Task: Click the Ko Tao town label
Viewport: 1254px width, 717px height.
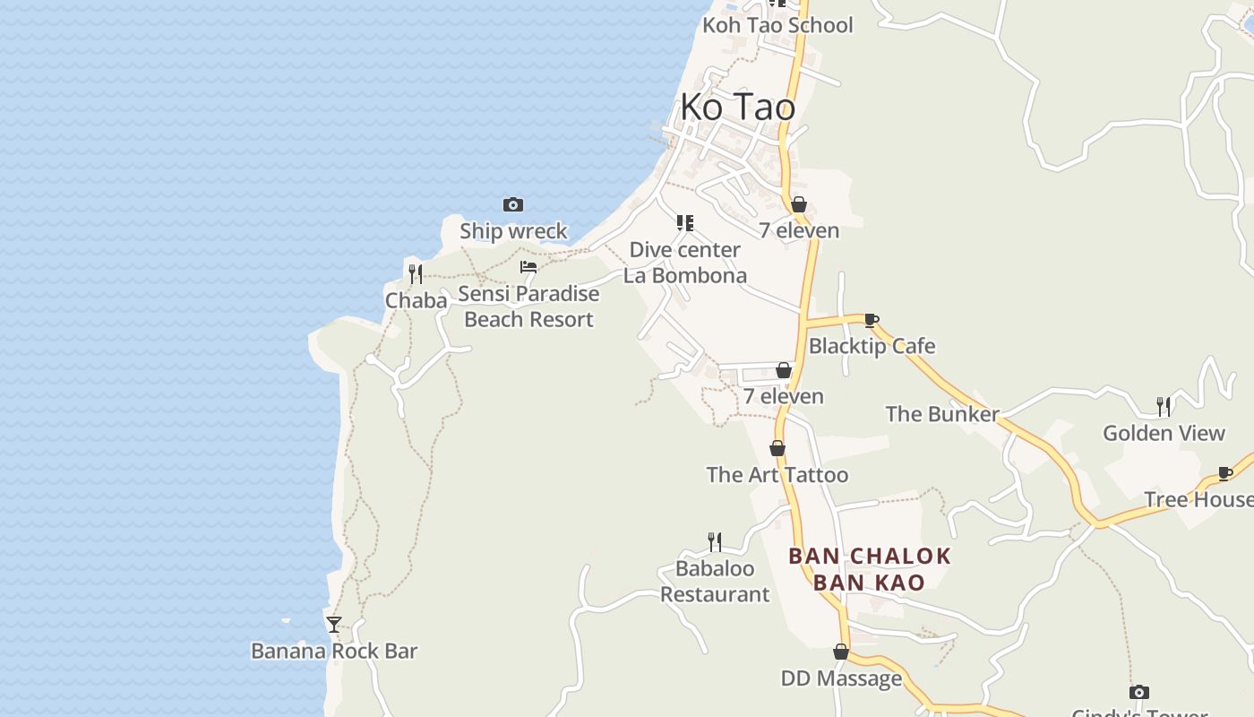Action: coord(737,108)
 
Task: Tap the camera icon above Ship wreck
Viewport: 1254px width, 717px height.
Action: coord(513,205)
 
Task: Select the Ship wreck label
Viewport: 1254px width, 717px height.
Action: coord(513,231)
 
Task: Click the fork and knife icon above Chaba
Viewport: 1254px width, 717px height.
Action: coord(416,274)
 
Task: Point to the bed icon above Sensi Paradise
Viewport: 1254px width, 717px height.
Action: coord(528,267)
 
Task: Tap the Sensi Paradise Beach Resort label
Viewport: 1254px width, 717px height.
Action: coord(528,307)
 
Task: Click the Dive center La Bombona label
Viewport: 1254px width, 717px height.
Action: coord(685,263)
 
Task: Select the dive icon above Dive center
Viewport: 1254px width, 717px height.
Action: coord(685,223)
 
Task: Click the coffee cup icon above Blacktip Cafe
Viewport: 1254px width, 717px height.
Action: coord(872,320)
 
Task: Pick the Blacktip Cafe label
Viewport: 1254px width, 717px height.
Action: coord(872,346)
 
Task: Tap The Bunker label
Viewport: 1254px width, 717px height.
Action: coord(942,414)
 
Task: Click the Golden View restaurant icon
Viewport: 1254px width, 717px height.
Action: coord(1164,407)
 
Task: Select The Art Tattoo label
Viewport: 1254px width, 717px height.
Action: coord(777,475)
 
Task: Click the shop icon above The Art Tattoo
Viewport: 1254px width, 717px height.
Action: coord(777,449)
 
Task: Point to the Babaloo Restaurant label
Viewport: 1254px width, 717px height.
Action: coord(715,582)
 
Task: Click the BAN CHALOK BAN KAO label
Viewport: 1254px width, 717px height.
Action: coord(870,569)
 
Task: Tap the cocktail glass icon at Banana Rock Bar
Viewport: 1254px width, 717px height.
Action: coord(334,625)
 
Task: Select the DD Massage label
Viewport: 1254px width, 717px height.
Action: coord(841,678)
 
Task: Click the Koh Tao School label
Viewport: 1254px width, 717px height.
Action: coord(777,25)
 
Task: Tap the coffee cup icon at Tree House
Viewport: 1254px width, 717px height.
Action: coord(1225,473)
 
